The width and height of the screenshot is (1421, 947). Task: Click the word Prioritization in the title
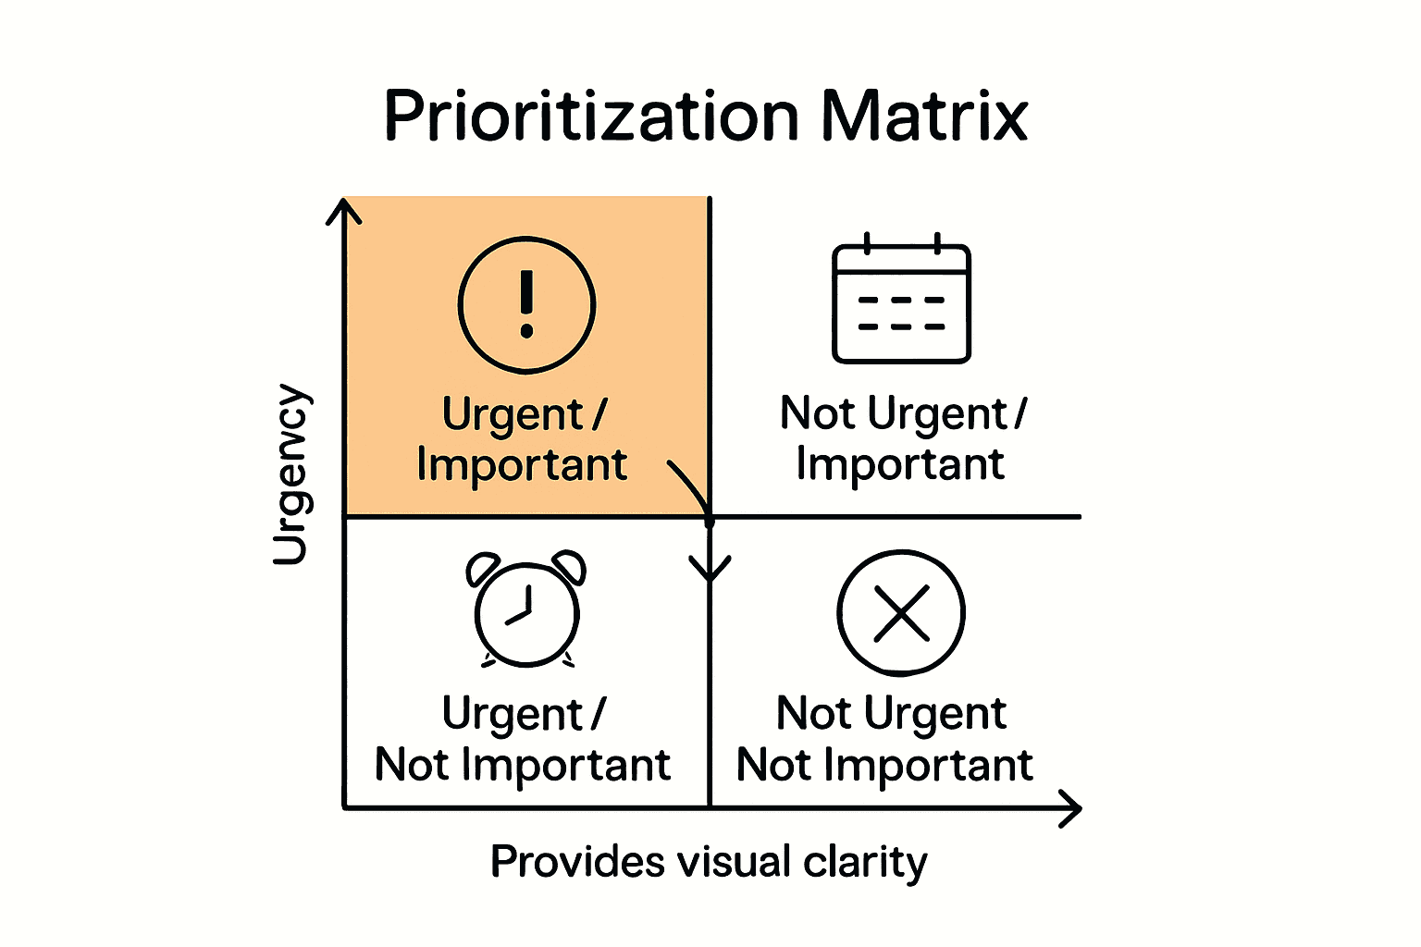[590, 117]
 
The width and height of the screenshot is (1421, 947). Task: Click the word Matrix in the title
[924, 117]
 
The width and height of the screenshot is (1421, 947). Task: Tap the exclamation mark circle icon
[526, 305]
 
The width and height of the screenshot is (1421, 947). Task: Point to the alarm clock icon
[526, 609]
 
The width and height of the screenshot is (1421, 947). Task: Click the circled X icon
[901, 613]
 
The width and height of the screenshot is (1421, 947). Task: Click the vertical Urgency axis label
[290, 473]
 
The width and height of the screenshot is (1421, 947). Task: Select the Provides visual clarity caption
[708, 862]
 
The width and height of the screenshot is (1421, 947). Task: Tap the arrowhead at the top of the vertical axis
[344, 211]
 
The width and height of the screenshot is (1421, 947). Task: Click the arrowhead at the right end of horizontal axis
[1070, 809]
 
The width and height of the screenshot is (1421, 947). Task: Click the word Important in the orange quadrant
[522, 464]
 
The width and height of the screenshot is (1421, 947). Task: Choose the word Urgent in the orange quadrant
[513, 414]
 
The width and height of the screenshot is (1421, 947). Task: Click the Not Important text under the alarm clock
[523, 765]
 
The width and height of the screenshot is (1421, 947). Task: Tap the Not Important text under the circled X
[884, 765]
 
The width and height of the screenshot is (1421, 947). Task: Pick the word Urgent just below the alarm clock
[513, 714]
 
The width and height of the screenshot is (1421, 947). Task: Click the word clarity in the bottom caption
[865, 862]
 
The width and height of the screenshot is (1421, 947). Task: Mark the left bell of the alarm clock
[483, 567]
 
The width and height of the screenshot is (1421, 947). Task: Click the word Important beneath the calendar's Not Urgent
[900, 464]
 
